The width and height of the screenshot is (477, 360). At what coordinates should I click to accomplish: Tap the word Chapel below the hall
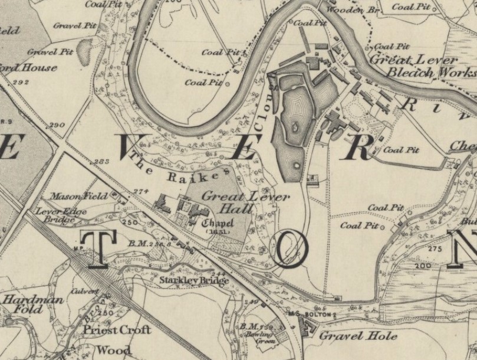[218, 223]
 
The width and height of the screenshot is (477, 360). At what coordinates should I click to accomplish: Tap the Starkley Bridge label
[194, 280]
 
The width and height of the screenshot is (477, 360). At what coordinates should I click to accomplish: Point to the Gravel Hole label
[350, 336]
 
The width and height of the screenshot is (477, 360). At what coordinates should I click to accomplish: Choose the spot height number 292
[24, 82]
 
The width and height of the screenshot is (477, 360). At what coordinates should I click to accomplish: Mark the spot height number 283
[103, 161]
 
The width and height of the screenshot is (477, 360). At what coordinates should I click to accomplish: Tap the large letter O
[289, 251]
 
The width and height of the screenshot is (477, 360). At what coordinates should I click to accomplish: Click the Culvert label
[86, 292]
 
